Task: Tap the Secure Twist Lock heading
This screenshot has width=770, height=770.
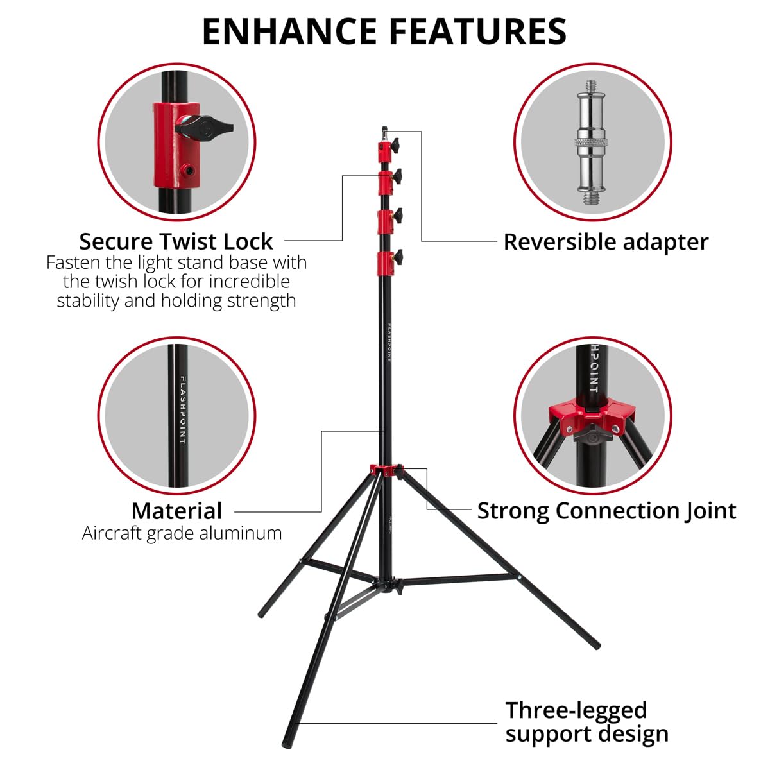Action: [176, 242]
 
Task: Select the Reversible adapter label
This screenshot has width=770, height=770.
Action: [606, 242]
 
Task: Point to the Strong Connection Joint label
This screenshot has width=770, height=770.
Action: [606, 511]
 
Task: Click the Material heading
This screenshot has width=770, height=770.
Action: [176, 511]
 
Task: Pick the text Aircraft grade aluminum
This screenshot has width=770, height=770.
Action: [182, 533]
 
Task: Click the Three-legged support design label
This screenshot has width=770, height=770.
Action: [586, 722]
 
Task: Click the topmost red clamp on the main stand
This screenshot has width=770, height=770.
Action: [384, 152]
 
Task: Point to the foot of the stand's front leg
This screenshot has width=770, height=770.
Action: [287, 739]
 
